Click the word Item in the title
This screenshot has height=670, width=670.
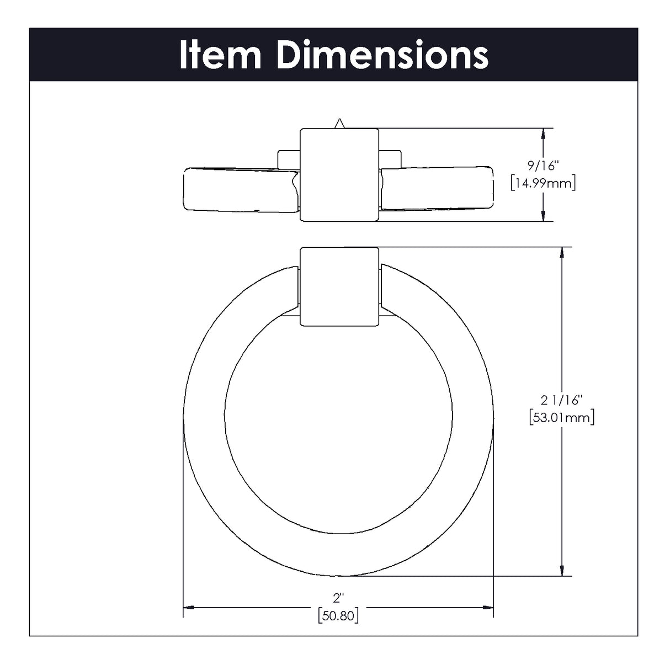tap(220, 55)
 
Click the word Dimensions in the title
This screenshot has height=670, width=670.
tap(382, 55)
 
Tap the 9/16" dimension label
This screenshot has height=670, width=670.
tap(543, 166)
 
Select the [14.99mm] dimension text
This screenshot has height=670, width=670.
tap(543, 183)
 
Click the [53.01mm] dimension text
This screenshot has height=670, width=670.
tap(561, 417)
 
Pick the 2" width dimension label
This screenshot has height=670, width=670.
tap(338, 598)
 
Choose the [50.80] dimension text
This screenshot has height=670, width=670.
tap(338, 615)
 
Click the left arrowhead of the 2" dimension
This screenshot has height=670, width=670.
tap(188, 607)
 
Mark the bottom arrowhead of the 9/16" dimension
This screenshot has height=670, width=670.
tap(544, 215)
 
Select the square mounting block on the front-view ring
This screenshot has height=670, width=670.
tap(339, 287)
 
